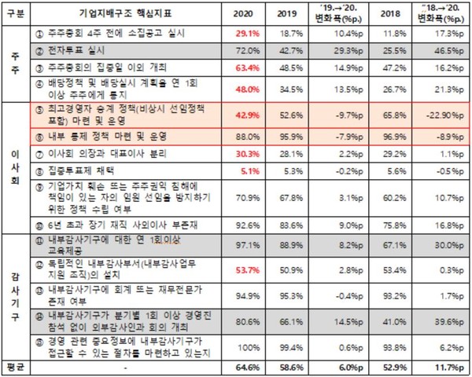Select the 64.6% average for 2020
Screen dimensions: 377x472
(x=245, y=367)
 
